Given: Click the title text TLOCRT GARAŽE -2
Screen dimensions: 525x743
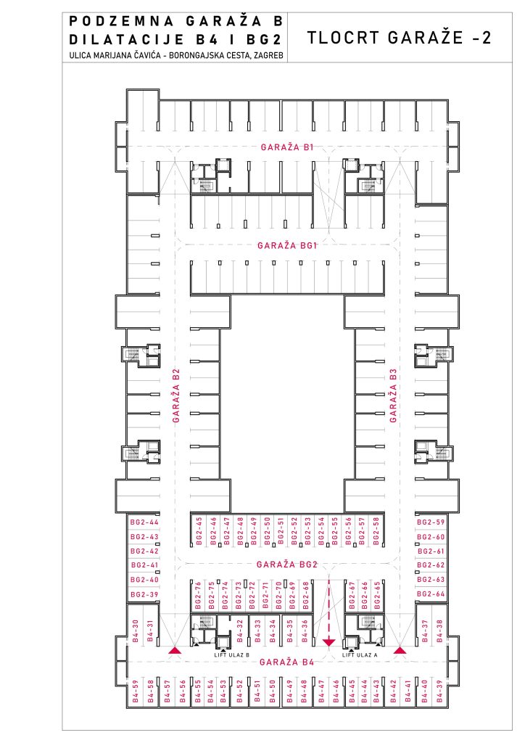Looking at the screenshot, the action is coord(400,38).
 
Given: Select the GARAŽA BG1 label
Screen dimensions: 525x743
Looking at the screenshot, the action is coord(287,245).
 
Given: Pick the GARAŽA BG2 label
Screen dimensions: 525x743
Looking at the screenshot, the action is coord(287,565).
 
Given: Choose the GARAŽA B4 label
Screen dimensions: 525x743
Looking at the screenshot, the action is coord(287,662).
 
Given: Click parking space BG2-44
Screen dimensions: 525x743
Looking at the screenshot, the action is coord(144,522).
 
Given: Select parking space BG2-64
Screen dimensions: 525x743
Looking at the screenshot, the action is coord(431,594).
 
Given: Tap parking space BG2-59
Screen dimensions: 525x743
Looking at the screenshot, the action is coord(431,522).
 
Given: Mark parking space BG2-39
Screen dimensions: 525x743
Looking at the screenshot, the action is coord(144,595).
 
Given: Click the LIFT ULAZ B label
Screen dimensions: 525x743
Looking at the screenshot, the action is coord(231,654).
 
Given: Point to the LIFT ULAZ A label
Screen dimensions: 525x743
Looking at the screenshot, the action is coord(360,654).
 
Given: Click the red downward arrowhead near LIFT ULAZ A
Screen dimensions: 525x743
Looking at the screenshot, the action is coord(328,643).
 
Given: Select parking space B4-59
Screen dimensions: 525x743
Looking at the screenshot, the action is coord(136,691).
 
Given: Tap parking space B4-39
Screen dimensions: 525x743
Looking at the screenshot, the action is coord(439,691).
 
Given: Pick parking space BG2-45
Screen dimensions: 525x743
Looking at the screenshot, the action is coord(199,530).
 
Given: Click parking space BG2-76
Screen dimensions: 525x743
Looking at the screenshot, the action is coord(198,595).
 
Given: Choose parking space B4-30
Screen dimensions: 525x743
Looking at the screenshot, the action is coord(136,631).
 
